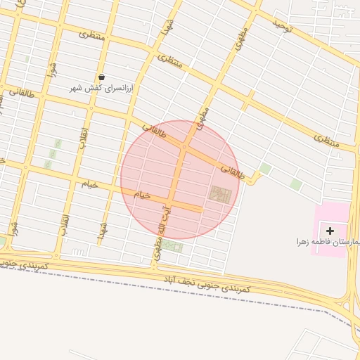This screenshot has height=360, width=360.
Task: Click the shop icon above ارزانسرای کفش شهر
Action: coord(102,77)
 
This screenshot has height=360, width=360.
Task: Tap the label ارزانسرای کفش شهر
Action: coord(102,89)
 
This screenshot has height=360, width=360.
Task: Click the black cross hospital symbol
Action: coord(330,231)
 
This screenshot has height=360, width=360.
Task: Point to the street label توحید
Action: coord(282,27)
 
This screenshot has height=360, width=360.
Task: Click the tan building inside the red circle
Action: coord(220,194)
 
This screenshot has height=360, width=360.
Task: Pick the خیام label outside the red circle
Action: coord(89,184)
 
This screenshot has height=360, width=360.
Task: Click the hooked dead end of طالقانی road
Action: coord(256,181)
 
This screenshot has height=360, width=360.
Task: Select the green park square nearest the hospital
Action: coord(296,184)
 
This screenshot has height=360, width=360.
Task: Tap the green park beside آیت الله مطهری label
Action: coord(172,247)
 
